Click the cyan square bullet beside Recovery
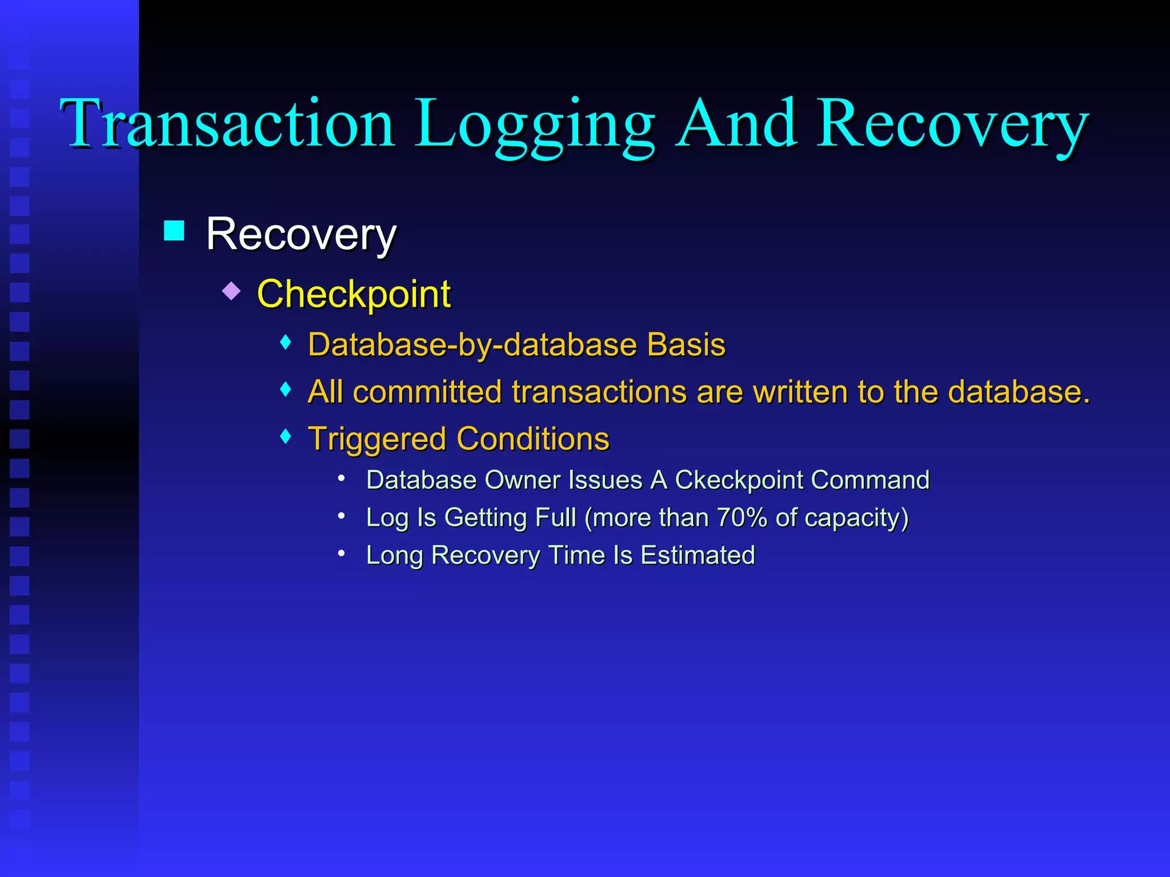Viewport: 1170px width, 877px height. (174, 231)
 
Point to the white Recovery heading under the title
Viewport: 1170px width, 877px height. (301, 234)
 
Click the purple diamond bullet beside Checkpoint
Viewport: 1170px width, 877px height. (231, 291)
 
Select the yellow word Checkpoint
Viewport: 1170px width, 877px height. (354, 295)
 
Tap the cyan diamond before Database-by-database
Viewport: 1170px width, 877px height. (286, 343)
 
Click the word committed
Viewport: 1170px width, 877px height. (428, 392)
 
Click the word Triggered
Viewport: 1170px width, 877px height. (376, 440)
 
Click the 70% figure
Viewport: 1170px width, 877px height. (742, 517)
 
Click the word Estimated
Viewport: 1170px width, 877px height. (698, 555)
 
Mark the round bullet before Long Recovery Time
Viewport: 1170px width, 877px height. (341, 553)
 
